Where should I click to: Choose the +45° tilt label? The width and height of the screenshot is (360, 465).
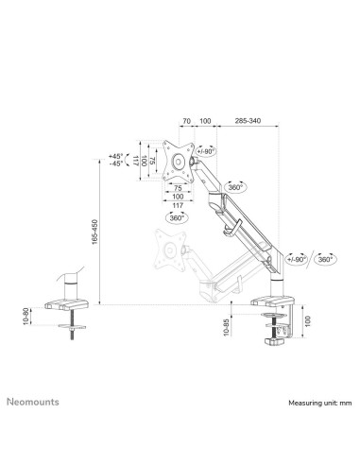116,155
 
